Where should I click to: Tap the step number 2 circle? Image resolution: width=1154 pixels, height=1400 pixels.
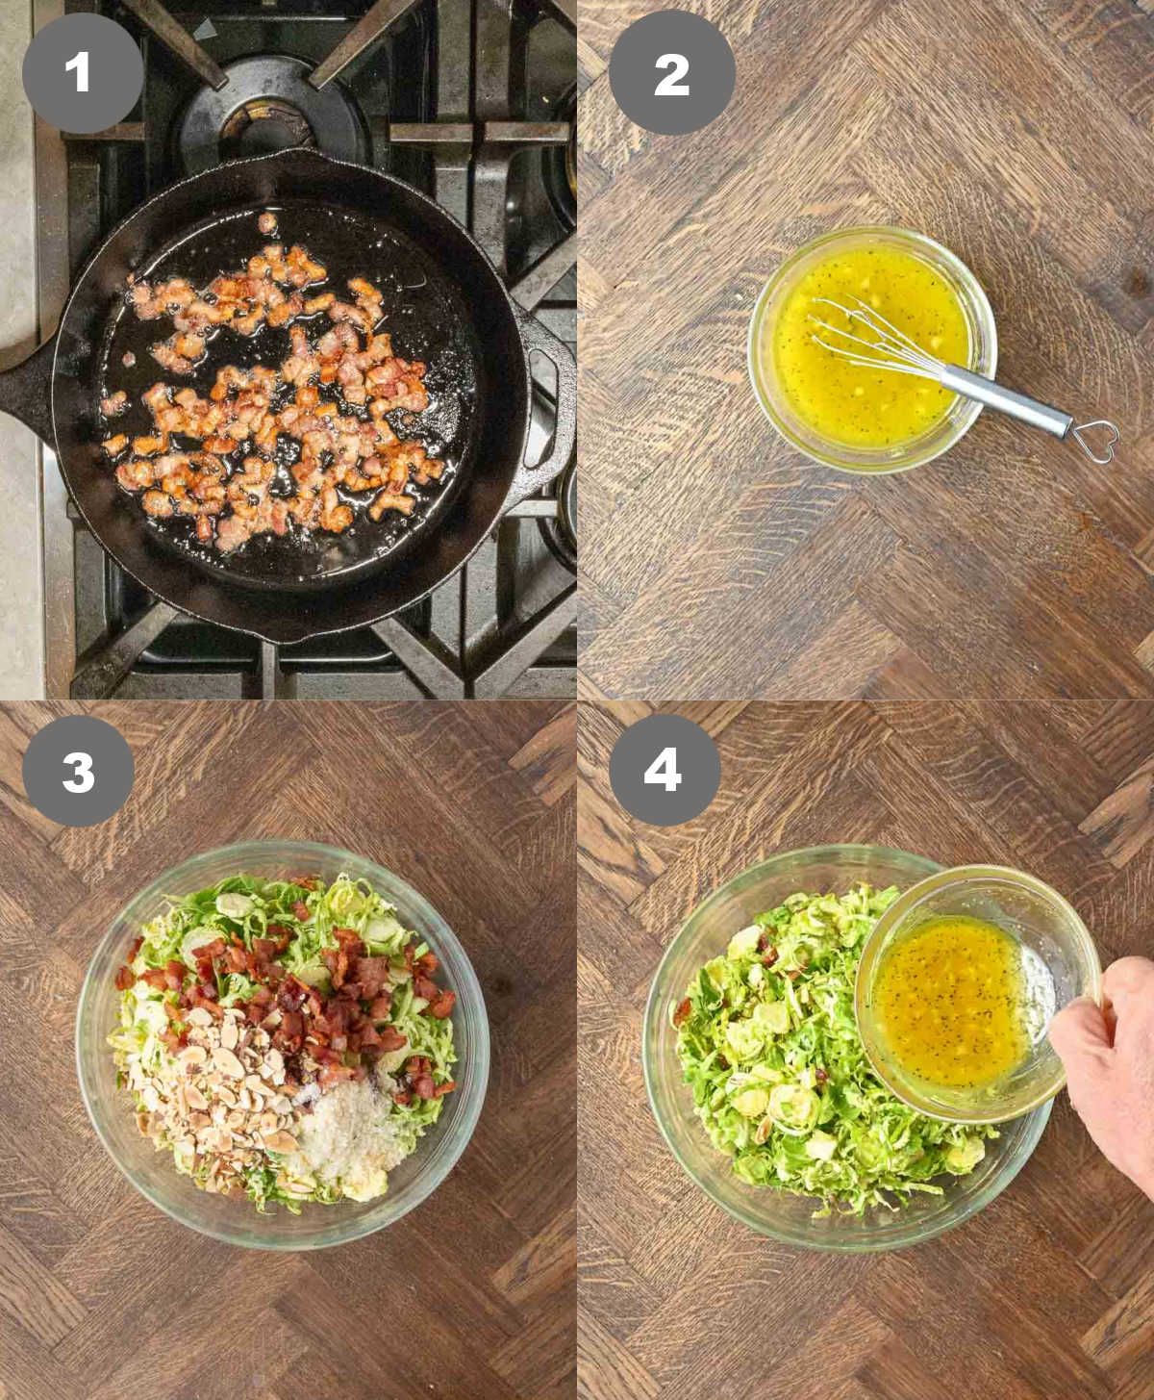(672, 73)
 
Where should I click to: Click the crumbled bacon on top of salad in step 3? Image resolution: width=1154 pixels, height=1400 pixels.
(327, 991)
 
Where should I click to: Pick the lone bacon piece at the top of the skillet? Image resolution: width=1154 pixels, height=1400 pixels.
(267, 224)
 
